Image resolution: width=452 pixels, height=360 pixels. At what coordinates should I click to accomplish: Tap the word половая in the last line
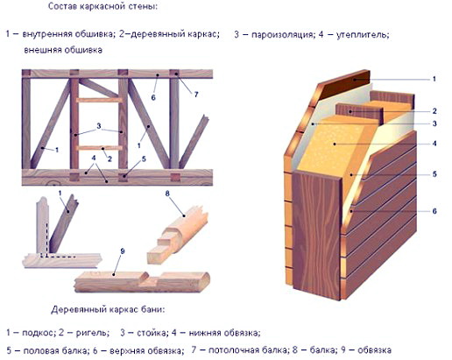pos(39,351)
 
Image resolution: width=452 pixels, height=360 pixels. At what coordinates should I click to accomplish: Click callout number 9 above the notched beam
pos(123,251)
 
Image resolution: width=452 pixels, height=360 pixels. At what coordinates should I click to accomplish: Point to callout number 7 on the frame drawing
pos(195,93)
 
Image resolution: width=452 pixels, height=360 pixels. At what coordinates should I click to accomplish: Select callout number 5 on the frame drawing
pos(145,160)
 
